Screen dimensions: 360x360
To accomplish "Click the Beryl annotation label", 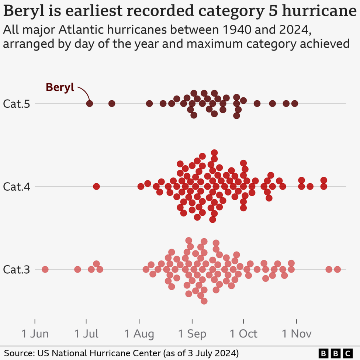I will point(60,87).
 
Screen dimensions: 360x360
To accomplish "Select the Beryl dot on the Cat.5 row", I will point(90,103).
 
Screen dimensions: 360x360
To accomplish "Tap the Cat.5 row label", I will point(16,104).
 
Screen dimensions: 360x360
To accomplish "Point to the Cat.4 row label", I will point(16,187).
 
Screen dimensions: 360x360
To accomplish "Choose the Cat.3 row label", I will point(16,270).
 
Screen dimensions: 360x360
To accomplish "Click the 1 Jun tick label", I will point(35,334).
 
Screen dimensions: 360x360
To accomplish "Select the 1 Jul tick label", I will point(86,334).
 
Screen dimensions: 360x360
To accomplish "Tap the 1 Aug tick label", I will point(139,334).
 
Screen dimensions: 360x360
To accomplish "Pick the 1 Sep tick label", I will point(192,334).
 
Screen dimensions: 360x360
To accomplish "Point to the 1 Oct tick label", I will point(243,334).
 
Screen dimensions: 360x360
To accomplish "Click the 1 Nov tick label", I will point(296,334).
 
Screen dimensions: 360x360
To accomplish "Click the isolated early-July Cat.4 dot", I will point(96,187).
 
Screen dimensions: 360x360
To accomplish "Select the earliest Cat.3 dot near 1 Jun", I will point(45,270).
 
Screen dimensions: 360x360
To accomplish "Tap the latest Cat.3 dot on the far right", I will point(337,270).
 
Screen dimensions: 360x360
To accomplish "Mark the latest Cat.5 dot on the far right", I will point(294,103).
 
